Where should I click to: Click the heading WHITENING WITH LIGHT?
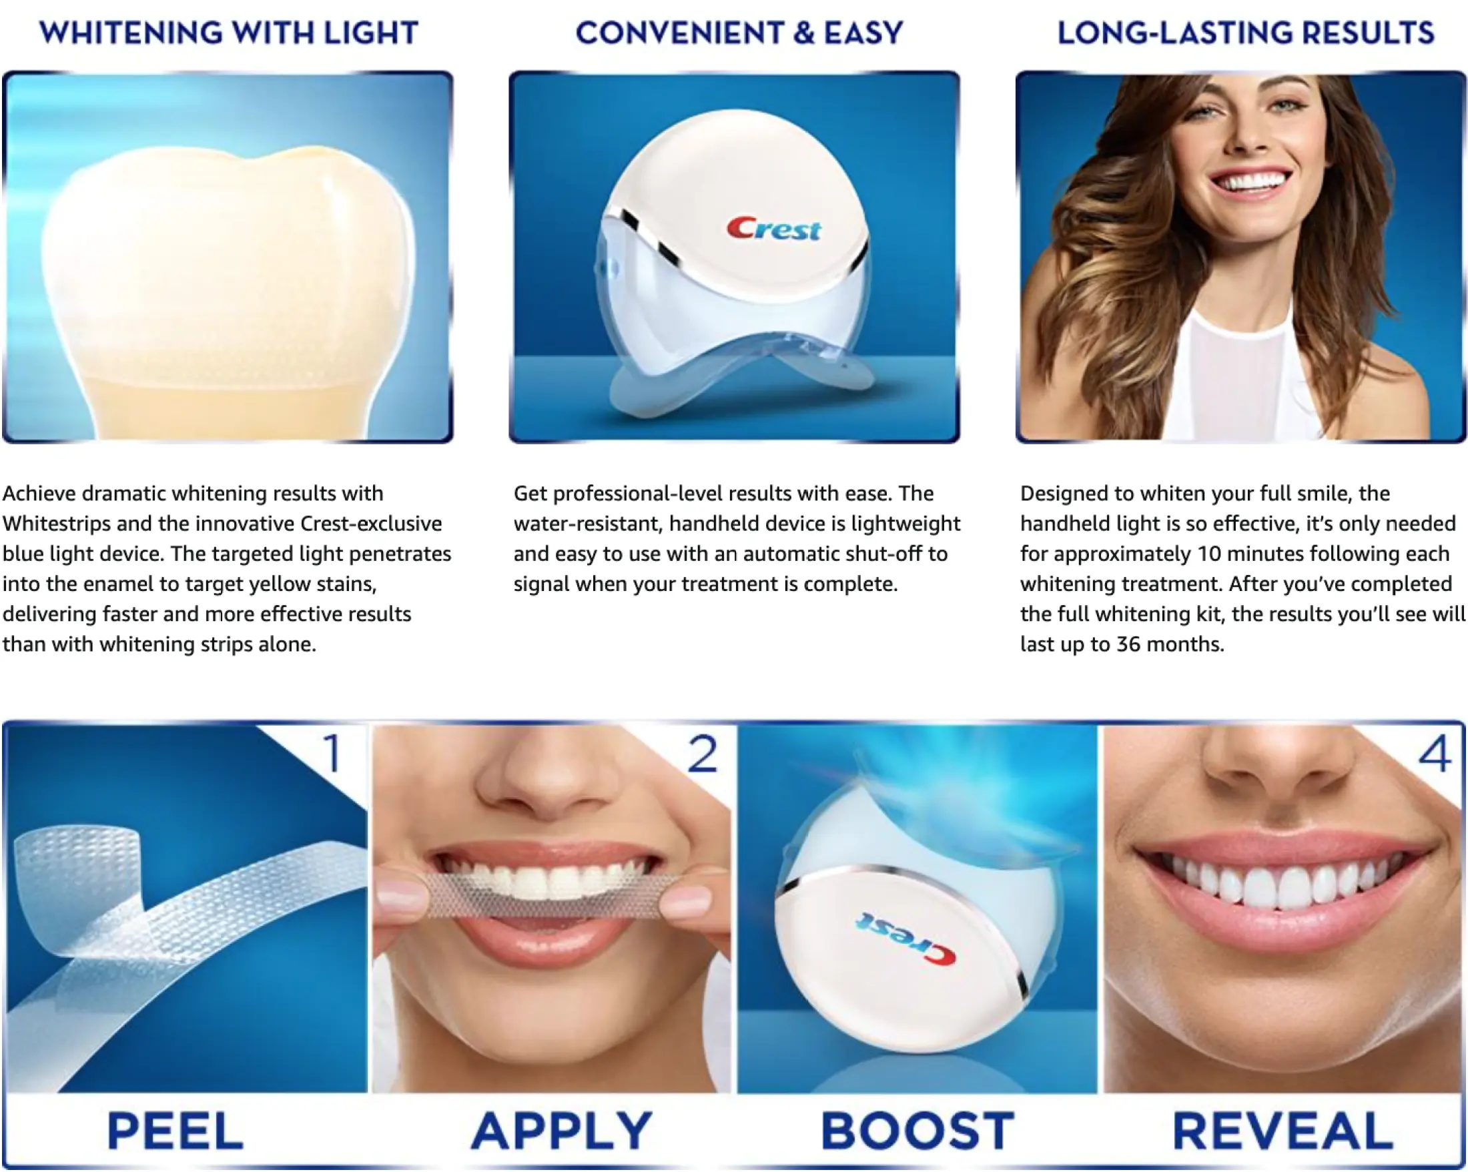tap(229, 33)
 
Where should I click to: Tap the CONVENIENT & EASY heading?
tap(739, 33)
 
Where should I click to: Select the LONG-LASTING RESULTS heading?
tap(1245, 33)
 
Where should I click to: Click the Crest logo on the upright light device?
tap(774, 229)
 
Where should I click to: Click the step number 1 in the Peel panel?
tap(332, 754)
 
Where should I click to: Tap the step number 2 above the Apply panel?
tap(703, 754)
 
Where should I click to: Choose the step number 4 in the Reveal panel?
tap(1434, 754)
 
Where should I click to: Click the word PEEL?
tap(175, 1131)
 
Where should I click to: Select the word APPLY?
tap(562, 1131)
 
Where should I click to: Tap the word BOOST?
tap(917, 1131)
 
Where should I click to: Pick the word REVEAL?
tap(1282, 1131)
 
